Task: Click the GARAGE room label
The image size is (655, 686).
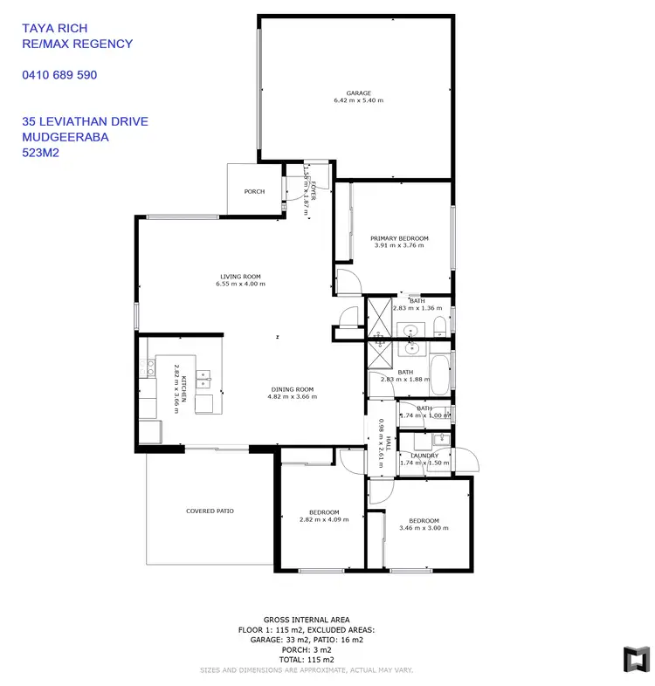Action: tap(358, 93)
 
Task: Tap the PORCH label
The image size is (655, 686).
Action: tap(254, 191)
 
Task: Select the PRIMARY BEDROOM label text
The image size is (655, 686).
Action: tap(399, 238)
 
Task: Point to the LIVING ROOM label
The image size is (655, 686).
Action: tap(240, 277)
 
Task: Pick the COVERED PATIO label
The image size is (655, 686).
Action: tap(210, 511)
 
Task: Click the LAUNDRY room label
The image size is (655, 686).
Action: tap(424, 455)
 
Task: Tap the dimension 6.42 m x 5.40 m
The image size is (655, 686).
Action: tap(358, 100)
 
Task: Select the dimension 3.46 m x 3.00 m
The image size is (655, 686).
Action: tap(418, 527)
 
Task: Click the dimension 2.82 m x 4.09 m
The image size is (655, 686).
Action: tap(323, 519)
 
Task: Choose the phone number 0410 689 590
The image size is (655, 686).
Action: tap(59, 75)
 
